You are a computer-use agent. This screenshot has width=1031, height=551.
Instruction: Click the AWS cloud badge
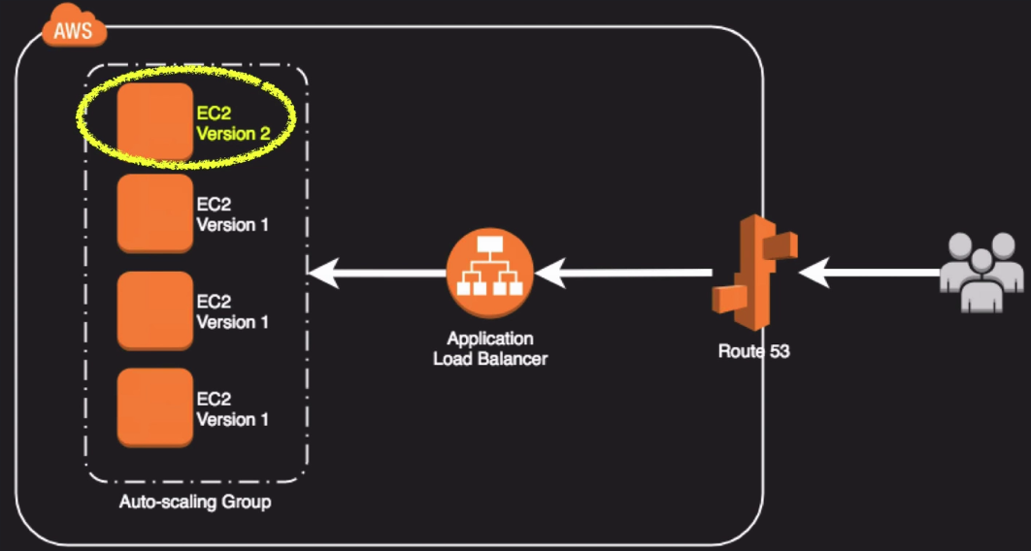(x=74, y=30)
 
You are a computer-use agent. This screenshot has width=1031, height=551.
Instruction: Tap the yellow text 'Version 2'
(x=233, y=134)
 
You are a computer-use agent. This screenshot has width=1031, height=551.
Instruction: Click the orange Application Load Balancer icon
(x=489, y=275)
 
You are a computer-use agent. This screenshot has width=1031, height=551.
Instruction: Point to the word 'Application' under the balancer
(x=489, y=340)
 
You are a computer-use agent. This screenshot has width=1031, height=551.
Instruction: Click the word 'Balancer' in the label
(x=515, y=359)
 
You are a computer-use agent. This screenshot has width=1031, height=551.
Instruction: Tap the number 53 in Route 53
(x=778, y=351)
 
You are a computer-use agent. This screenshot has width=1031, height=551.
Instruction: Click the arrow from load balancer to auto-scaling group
(x=379, y=275)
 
